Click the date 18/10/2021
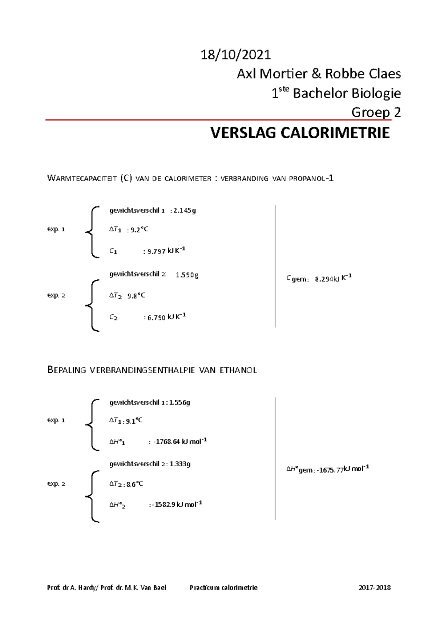(236, 55)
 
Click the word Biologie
(380, 93)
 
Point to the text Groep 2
(376, 112)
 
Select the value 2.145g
(185, 211)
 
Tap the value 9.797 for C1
(156, 251)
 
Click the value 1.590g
(187, 275)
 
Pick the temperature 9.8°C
(136, 296)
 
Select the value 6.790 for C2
(156, 318)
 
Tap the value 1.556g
(179, 402)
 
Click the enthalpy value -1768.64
(166, 442)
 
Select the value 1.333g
(180, 464)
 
